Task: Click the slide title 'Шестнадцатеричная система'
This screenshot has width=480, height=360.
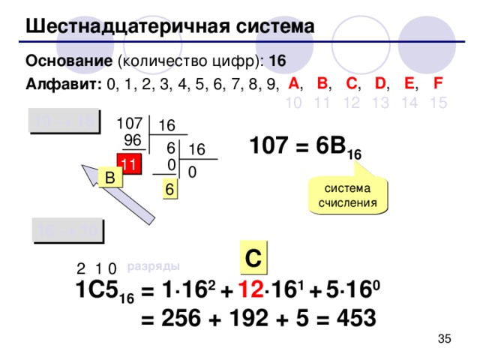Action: (x=169, y=27)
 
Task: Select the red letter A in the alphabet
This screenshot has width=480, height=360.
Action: (x=294, y=82)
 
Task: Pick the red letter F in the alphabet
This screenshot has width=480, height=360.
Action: (x=436, y=82)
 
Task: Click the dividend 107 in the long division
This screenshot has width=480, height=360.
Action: (x=129, y=122)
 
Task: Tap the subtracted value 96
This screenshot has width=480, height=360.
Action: (x=132, y=140)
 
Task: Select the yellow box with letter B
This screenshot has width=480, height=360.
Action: (x=109, y=178)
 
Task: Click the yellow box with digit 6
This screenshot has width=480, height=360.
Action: (x=170, y=191)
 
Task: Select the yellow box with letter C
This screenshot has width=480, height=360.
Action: (x=253, y=256)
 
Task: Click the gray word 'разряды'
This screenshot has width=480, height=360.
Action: (x=153, y=265)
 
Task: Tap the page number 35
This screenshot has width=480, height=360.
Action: (x=443, y=341)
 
